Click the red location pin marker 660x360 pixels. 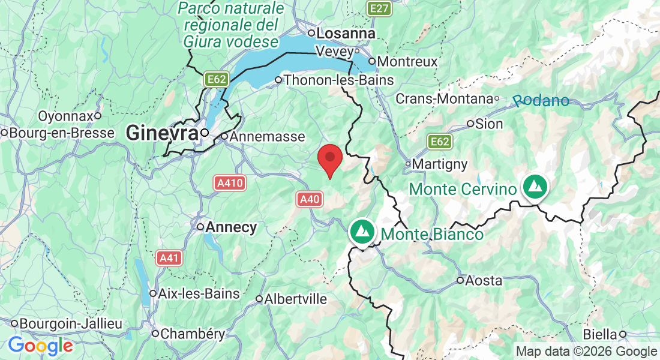(x=329, y=160)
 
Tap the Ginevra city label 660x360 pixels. (x=162, y=133)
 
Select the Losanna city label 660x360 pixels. (x=346, y=34)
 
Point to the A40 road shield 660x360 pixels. (x=310, y=199)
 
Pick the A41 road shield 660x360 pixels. (x=169, y=258)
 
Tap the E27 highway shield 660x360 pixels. (x=380, y=8)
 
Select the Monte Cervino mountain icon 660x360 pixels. (x=533, y=187)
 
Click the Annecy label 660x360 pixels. (x=231, y=227)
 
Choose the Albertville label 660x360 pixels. (x=296, y=299)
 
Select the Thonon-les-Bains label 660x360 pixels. (x=338, y=80)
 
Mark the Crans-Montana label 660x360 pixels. (x=443, y=98)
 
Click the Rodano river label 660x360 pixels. (x=542, y=101)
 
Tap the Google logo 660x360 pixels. (x=41, y=346)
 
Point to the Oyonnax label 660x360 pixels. (x=65, y=115)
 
